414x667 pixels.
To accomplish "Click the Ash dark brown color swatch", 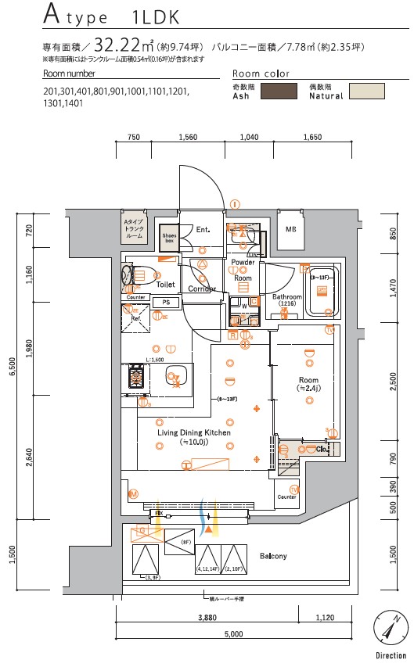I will [278, 91].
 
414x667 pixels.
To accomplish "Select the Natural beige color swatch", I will [365, 91].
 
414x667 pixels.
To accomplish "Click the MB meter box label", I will [290, 229].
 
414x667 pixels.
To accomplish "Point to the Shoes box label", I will [168, 236].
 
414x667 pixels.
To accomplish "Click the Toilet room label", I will [165, 285].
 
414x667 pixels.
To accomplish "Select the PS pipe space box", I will [165, 302].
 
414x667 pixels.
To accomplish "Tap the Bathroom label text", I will [286, 298].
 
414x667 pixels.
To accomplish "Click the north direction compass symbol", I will [389, 627].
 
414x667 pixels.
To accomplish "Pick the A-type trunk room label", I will [134, 229].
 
